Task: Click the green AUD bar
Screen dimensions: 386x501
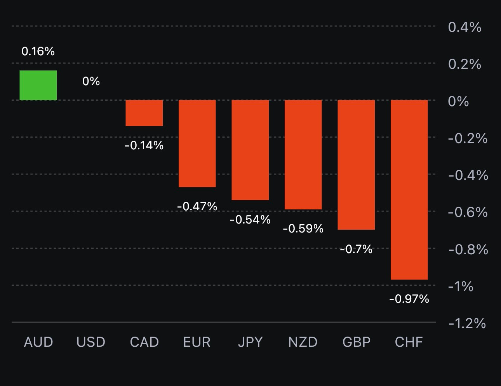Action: coord(38,85)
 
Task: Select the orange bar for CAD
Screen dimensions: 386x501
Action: coord(144,113)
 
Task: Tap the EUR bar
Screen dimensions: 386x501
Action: coord(197,143)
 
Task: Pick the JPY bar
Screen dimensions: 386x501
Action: coord(250,150)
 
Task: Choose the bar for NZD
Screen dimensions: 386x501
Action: coord(303,155)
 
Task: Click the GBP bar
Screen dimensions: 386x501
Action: coord(356,165)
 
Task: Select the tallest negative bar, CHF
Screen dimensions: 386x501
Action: coord(409,190)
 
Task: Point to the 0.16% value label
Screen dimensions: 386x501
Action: coord(38,51)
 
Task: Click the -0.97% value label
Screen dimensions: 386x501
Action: coord(409,299)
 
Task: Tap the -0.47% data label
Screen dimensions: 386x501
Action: coord(197,206)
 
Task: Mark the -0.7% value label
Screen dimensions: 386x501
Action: coord(356,249)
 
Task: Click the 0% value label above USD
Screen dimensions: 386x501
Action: coord(91,81)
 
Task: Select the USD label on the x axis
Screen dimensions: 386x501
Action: coord(91,342)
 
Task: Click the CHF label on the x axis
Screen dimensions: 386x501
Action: coord(409,342)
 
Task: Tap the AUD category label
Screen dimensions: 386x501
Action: coord(38,342)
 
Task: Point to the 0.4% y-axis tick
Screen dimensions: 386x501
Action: coord(464,27)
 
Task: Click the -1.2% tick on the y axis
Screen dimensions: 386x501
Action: coord(467,323)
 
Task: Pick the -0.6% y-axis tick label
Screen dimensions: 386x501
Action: coord(468,212)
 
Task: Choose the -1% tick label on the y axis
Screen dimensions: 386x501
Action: coord(461,286)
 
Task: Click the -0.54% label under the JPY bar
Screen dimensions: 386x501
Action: coord(250,220)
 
